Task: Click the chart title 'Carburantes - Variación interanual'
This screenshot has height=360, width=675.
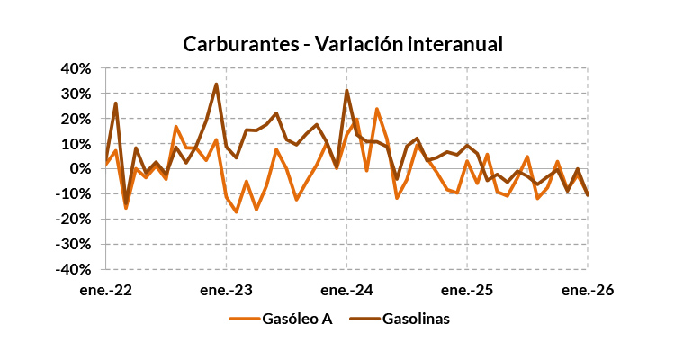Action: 343,44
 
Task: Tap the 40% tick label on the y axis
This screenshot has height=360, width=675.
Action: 76,68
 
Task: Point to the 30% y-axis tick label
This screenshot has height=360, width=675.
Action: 76,94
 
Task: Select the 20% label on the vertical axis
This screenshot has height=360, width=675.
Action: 76,119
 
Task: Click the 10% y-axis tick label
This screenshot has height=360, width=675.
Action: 76,144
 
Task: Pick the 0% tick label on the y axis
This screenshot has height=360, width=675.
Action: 80,169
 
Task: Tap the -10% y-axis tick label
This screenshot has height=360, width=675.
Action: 75,194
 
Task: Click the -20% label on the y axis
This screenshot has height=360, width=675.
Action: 75,220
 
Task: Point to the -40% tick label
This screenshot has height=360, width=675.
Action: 75,269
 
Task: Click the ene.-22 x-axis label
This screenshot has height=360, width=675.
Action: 105,291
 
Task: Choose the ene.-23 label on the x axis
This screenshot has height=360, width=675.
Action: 226,291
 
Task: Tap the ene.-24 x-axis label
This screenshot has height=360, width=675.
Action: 346,291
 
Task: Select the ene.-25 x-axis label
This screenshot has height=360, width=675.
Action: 467,291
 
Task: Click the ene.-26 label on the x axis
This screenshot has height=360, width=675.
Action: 588,291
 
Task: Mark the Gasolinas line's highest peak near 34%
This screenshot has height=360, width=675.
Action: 216,84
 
